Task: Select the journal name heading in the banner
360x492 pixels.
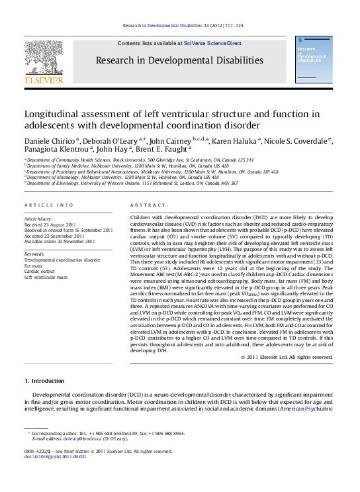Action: click(x=179, y=60)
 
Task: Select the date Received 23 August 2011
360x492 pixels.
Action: click(x=51, y=223)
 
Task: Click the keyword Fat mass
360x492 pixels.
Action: click(x=34, y=266)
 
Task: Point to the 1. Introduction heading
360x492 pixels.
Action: click(x=44, y=381)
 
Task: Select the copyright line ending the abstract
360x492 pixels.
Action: click(x=287, y=357)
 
